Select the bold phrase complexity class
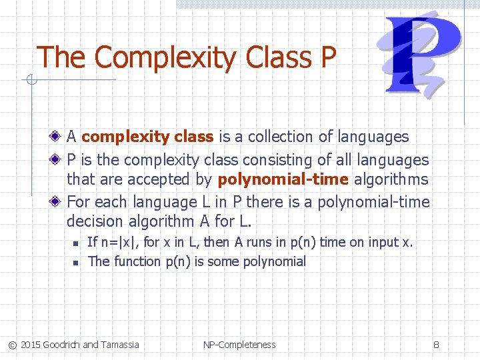[x=147, y=137]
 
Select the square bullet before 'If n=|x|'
[x=77, y=243]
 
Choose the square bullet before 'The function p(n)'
[x=77, y=262]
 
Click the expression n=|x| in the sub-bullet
[x=117, y=242]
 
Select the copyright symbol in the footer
[x=11, y=345]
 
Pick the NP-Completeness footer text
[x=239, y=345]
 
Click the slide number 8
[x=436, y=345]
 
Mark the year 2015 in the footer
[x=30, y=345]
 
